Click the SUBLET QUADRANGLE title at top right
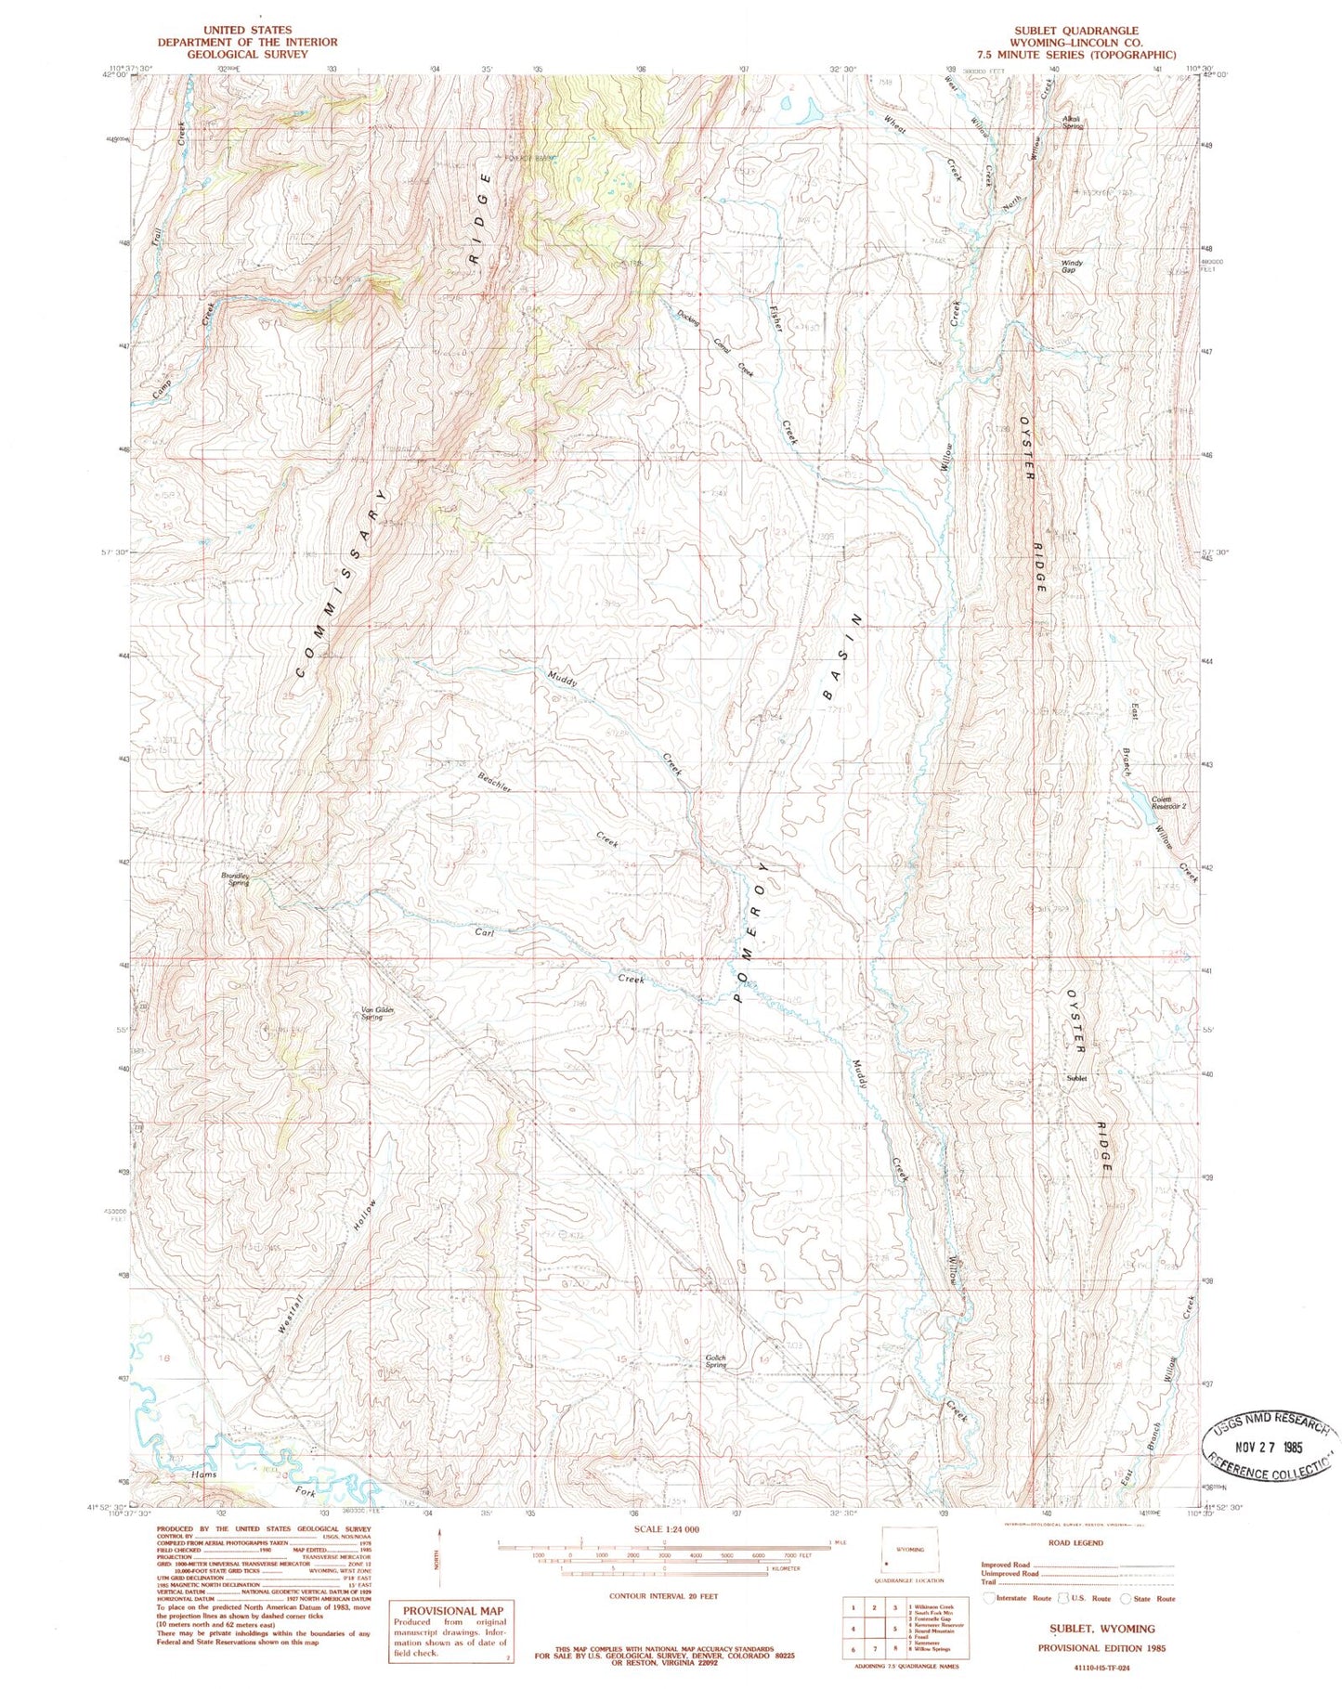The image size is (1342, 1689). (x=1075, y=31)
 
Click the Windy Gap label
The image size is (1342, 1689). (x=1072, y=266)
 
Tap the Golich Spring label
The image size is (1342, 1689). (x=715, y=1361)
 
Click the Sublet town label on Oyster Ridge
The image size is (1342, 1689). (x=1076, y=1079)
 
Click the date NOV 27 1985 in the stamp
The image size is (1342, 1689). (x=1271, y=1448)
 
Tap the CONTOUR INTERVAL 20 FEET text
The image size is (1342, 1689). (x=664, y=1596)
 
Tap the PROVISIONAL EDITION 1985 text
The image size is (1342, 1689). (x=1101, y=1648)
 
